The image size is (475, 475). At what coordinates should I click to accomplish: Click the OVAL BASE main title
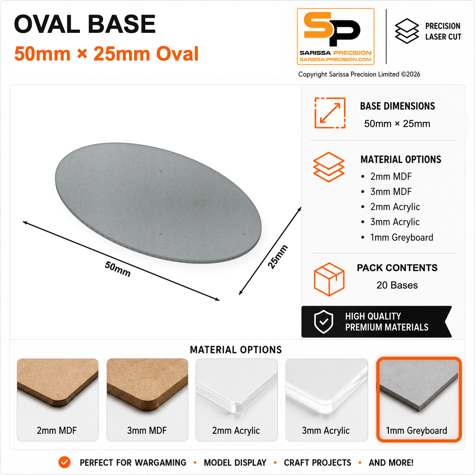[85, 24]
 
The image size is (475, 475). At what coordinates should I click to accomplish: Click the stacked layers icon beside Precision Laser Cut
[407, 31]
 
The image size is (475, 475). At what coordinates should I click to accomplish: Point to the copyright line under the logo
[359, 74]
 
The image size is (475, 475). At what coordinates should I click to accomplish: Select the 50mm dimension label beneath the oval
[118, 269]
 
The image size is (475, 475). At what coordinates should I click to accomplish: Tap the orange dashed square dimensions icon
[330, 113]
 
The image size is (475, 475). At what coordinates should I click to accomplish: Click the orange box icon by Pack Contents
[329, 279]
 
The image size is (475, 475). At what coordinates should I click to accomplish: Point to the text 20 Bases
[397, 285]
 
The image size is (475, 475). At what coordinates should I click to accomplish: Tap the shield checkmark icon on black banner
[324, 322]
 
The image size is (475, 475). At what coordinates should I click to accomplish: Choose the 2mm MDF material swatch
[57, 399]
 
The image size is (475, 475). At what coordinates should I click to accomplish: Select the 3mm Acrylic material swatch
[326, 399]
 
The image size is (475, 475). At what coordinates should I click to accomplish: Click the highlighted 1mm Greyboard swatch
[419, 399]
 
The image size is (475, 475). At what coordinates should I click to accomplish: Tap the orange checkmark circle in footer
[65, 462]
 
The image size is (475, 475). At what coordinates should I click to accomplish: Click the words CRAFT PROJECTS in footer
[317, 463]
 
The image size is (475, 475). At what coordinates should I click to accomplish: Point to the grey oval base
[158, 203]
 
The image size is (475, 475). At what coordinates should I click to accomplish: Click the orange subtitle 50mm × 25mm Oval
[106, 54]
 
